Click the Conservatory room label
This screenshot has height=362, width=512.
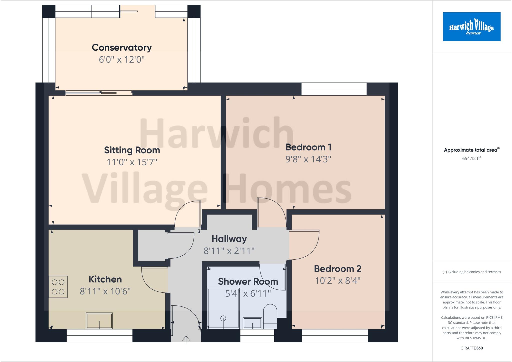(x=122, y=48)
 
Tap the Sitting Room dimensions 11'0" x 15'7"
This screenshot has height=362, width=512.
(x=132, y=162)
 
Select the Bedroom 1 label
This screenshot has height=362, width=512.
(x=308, y=147)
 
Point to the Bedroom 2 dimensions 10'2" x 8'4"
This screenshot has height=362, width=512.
(x=337, y=281)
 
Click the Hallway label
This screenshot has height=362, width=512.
(x=229, y=239)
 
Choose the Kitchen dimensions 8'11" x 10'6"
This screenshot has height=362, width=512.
(x=105, y=291)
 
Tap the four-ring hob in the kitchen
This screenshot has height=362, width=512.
(x=58, y=287)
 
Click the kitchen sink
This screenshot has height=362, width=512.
(x=99, y=321)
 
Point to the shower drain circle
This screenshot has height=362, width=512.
(x=223, y=318)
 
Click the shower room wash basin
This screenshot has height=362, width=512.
(x=252, y=323)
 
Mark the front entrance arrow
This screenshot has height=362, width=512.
(x=186, y=340)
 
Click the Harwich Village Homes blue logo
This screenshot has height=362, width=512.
(x=471, y=27)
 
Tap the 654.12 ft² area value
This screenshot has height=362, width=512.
(x=471, y=158)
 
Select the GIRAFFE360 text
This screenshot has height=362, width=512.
(x=471, y=348)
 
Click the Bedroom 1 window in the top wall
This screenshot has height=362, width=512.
(x=334, y=89)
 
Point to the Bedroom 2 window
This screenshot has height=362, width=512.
(x=335, y=335)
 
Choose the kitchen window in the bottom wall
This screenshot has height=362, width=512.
(x=99, y=335)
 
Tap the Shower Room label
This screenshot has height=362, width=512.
(x=248, y=282)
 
